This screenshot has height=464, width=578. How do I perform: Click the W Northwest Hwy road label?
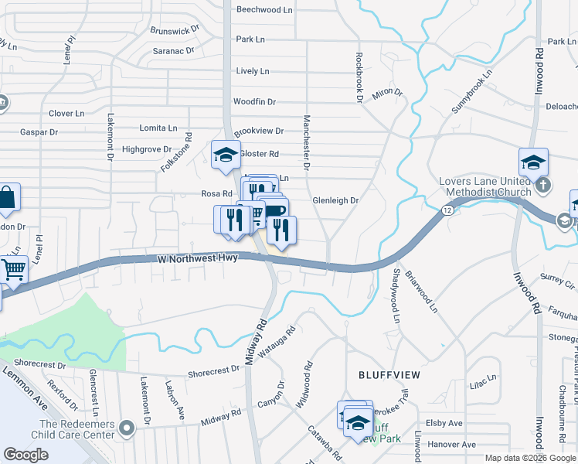pos(196,261)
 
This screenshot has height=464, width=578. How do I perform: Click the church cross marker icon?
pos(544,185)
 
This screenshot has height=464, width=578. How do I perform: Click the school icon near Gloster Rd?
pos(226,155)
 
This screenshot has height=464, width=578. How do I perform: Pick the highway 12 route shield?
pos(447,210)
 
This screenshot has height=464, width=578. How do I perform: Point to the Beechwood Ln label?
pos(265,10)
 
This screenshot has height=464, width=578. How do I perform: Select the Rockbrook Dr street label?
pos(359,77)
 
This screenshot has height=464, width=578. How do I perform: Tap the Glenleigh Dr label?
pos(336,200)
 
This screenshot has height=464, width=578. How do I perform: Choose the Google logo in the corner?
pos(26,455)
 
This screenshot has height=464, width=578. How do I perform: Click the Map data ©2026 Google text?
pos(529,458)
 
